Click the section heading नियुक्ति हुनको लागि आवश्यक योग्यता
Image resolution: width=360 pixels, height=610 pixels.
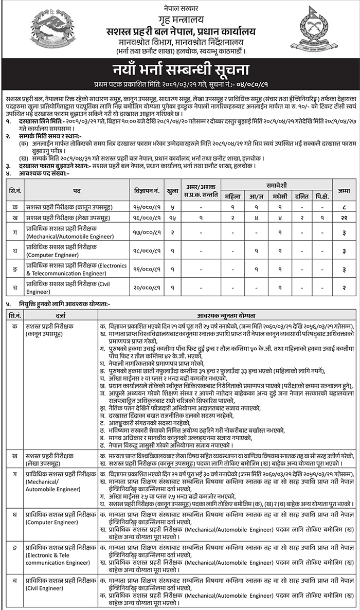coord(62,304)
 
